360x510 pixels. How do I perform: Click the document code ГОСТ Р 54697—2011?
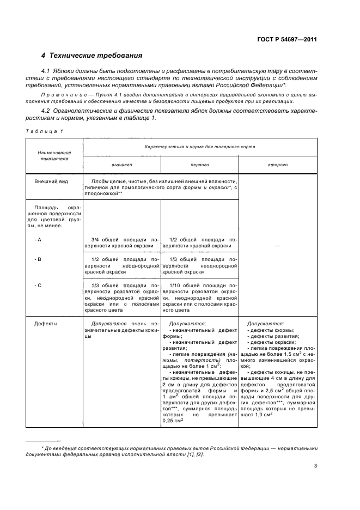(x=288, y=39)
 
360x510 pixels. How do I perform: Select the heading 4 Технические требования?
(x=92, y=56)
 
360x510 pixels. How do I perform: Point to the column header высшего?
(x=122, y=164)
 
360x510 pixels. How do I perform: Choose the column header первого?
(x=199, y=164)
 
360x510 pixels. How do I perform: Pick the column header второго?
(x=278, y=164)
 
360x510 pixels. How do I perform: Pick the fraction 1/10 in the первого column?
(x=175, y=285)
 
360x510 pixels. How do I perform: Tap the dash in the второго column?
(x=278, y=246)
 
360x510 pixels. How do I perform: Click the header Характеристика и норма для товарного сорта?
(x=199, y=147)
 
